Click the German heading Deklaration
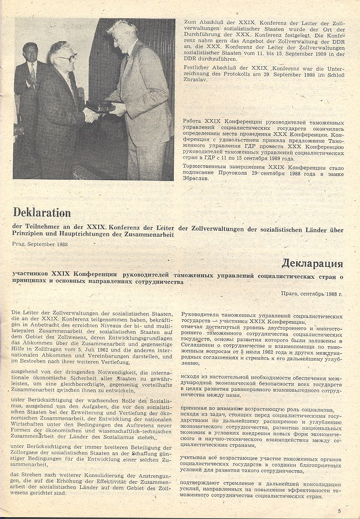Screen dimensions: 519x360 (42, 213)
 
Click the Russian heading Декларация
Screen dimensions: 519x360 (312, 263)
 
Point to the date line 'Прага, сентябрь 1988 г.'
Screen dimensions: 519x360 (312, 294)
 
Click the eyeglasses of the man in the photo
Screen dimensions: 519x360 (67, 57)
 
